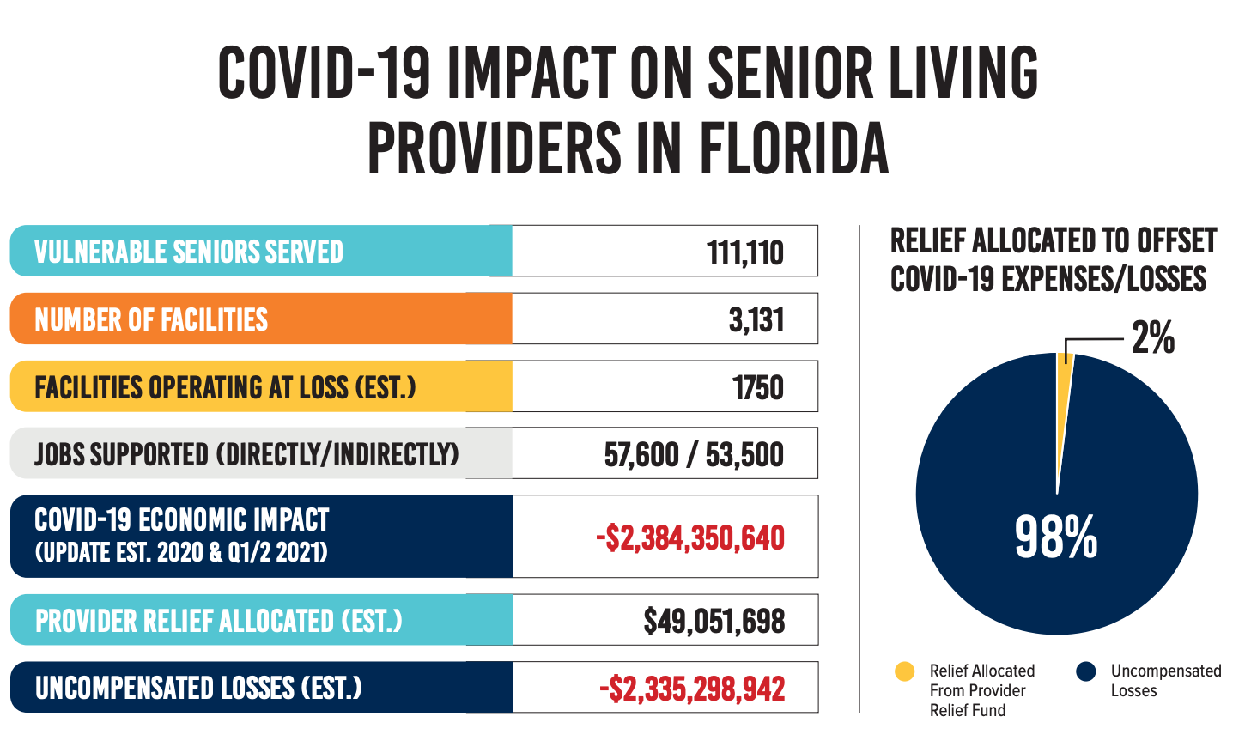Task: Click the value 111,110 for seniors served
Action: click(744, 252)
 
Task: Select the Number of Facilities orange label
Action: click(151, 319)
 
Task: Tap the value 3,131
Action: click(756, 319)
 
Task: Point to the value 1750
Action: click(757, 387)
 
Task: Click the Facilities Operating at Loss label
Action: click(225, 387)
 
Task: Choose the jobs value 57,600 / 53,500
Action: click(694, 454)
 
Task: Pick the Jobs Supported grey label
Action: click(246, 454)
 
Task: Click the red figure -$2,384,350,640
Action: click(690, 537)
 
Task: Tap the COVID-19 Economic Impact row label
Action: click(181, 535)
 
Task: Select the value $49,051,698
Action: click(714, 621)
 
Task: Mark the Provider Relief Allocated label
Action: click(218, 621)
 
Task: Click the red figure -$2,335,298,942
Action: click(692, 689)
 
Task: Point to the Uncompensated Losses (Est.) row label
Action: click(198, 688)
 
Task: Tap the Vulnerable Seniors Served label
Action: click(188, 252)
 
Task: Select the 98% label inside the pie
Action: click(1056, 537)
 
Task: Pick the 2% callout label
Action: click(1152, 337)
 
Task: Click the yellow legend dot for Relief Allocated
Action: click(905, 671)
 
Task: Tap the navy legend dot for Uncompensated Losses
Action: click(1086, 671)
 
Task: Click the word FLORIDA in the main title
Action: click(794, 148)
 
